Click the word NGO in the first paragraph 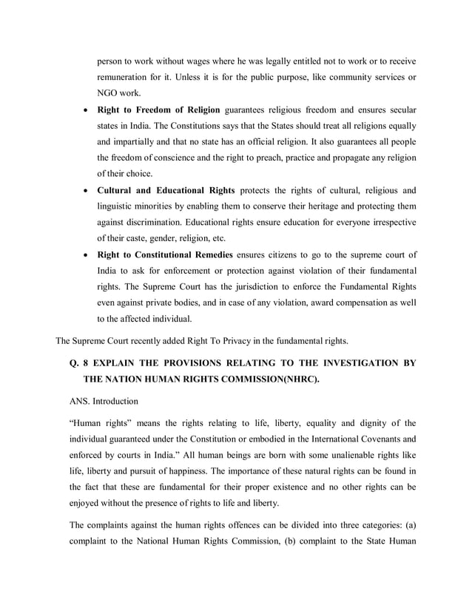pos(108,92)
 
